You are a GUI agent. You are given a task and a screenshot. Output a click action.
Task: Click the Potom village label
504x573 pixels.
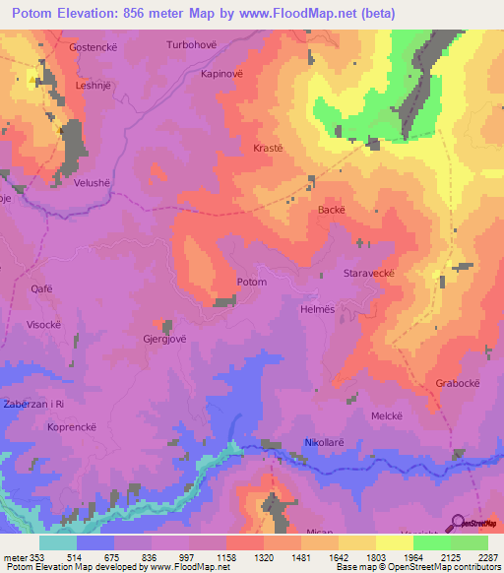point(252,283)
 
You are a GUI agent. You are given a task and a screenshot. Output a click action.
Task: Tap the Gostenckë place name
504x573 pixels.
point(94,46)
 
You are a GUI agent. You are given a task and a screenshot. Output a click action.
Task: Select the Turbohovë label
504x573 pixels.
point(191,45)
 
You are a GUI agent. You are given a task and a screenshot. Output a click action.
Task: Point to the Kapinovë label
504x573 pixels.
point(222,74)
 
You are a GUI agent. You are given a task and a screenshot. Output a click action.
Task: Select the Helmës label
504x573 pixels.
point(317,308)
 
